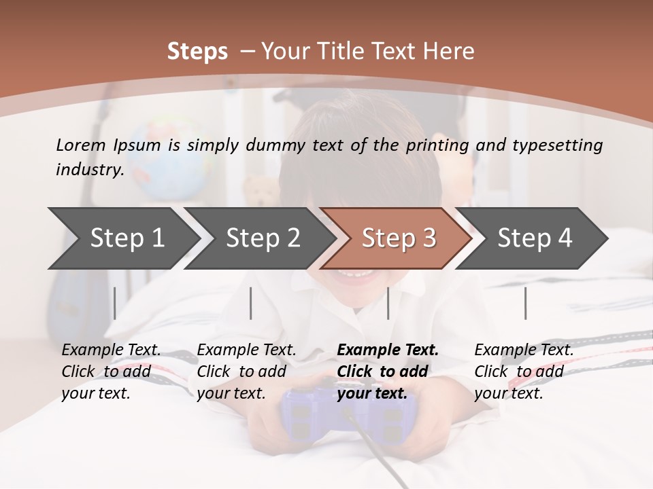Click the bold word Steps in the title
[x=197, y=51]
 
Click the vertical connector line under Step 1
[x=115, y=303]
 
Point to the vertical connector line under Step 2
[x=251, y=303]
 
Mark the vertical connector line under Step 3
[x=388, y=303]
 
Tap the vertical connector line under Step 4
[x=525, y=303]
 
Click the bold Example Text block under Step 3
[x=388, y=372]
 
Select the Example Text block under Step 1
[x=111, y=372]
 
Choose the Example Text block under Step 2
[x=246, y=372]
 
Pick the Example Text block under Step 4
[x=524, y=372]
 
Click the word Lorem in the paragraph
[x=80, y=145]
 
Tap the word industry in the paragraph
[x=89, y=170]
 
